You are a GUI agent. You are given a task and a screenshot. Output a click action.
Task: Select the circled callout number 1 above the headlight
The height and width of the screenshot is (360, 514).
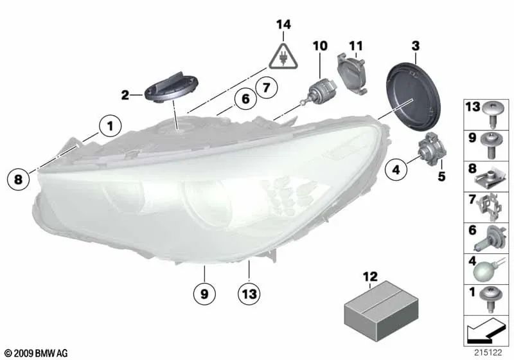(x=110, y=126)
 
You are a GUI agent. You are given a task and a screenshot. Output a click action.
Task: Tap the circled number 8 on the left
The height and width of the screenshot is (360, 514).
(x=19, y=179)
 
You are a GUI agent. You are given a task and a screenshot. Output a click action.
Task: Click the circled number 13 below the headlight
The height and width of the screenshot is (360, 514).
(x=249, y=293)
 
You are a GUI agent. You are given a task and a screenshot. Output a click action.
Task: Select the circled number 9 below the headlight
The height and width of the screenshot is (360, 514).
(x=204, y=293)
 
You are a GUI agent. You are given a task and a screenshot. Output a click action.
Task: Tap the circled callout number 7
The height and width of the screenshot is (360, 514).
(x=267, y=87)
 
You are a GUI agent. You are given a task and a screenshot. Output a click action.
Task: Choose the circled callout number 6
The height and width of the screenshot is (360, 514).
(x=245, y=99)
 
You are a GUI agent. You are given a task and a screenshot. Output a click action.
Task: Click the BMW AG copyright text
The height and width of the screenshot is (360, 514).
(x=37, y=353)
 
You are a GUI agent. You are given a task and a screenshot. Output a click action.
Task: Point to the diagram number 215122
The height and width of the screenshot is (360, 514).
(x=488, y=353)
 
